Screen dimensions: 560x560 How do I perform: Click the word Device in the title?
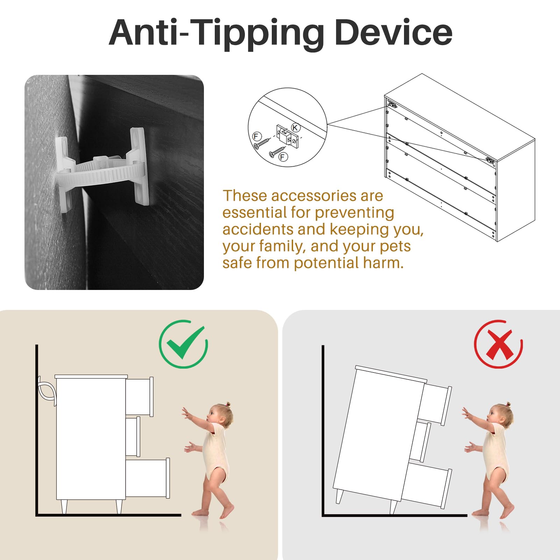pos(393,32)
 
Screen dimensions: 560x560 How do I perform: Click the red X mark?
pos(499,345)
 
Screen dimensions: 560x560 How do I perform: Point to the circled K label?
pos(296,127)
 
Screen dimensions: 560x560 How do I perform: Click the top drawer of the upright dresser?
pos(139,397)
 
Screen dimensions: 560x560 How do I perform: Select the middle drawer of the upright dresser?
pos(133,437)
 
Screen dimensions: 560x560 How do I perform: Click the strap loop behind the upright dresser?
pos(47,391)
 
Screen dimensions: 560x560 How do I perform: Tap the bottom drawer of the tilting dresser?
pos(426,484)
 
